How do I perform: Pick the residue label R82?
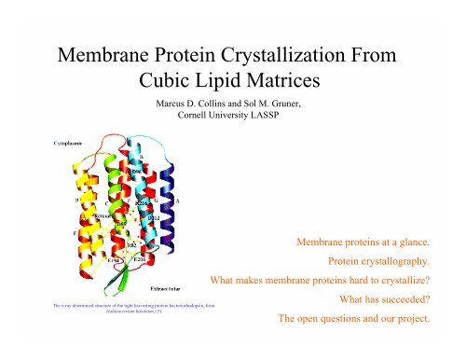[x=131, y=245]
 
